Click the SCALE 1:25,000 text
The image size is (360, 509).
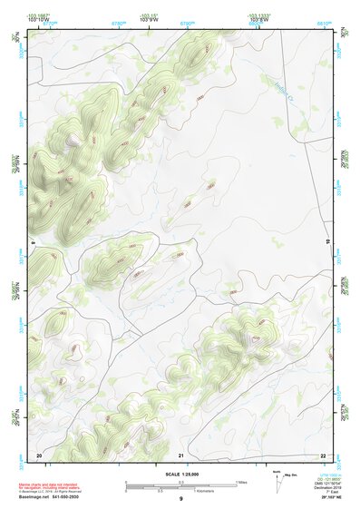[x=180, y=474]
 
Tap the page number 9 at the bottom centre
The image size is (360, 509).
[x=180, y=499]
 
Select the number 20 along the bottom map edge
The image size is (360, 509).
[x=39, y=454]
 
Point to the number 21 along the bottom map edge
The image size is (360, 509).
[x=181, y=454]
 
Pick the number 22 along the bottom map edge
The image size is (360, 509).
[x=323, y=454]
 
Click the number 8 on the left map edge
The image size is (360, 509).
[x=32, y=244]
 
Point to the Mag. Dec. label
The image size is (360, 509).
[x=289, y=475]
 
